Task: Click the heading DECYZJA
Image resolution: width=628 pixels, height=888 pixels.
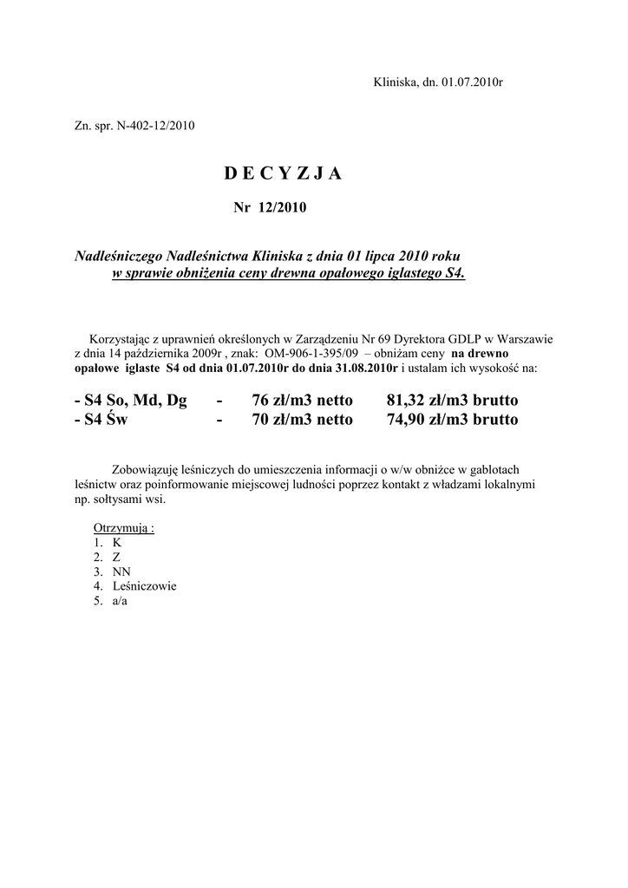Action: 283,173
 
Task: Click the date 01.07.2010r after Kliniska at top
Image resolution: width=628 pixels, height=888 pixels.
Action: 472,82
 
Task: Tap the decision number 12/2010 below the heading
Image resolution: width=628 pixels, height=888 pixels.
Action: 280,208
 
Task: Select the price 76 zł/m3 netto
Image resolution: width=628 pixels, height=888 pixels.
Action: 302,401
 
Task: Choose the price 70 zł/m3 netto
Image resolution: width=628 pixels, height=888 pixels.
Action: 302,420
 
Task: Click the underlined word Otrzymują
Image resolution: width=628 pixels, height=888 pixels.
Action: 122,529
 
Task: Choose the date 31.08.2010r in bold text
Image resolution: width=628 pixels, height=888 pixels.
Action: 363,368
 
